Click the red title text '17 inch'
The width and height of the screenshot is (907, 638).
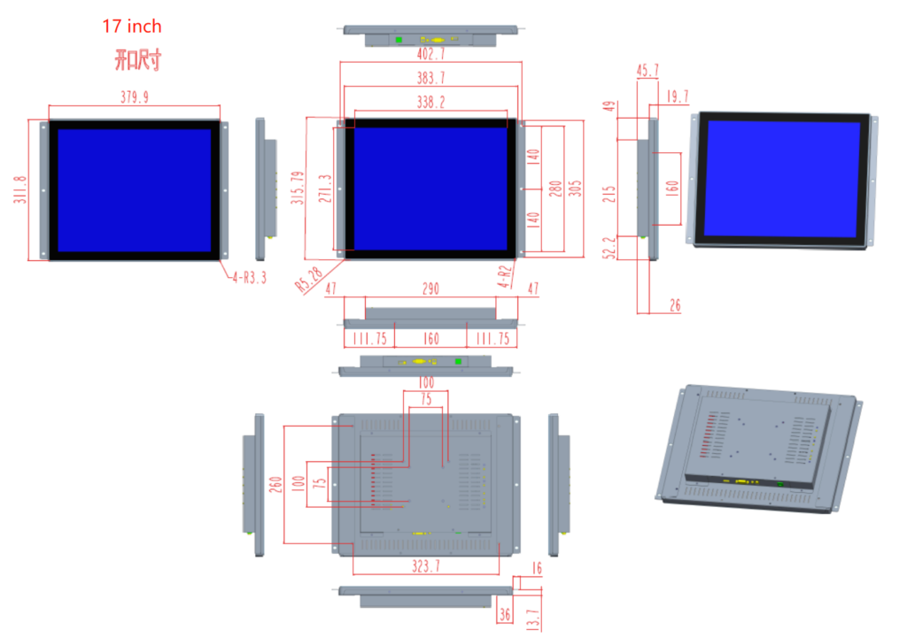click(132, 27)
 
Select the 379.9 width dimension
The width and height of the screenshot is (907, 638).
click(134, 97)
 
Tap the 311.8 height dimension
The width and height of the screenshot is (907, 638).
click(19, 190)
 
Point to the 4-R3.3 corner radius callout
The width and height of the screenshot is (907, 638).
click(249, 278)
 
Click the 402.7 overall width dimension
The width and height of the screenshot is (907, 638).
click(430, 54)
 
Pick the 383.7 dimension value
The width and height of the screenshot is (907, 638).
click(430, 78)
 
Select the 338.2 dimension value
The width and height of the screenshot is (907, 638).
click(430, 103)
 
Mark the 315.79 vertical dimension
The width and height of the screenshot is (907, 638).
click(298, 188)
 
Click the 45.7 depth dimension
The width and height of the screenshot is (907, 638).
click(647, 71)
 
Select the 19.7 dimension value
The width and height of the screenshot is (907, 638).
click(678, 96)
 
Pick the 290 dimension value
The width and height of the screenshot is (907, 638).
click(430, 289)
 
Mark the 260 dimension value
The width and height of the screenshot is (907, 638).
click(275, 485)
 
